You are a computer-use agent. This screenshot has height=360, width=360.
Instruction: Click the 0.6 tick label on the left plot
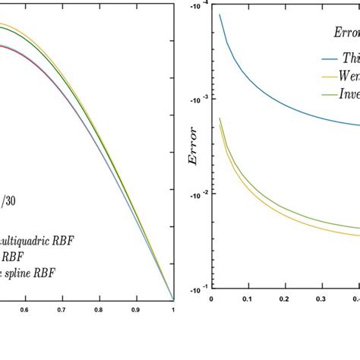[24, 310]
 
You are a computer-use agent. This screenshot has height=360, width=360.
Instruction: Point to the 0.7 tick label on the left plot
[62, 310]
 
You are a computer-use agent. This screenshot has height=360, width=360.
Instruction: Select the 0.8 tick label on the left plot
[99, 310]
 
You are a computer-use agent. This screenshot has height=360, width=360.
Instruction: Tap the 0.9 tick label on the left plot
[136, 310]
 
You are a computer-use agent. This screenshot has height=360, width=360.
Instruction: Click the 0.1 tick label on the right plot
[247, 299]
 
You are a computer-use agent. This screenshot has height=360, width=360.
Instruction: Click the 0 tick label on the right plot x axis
[210, 299]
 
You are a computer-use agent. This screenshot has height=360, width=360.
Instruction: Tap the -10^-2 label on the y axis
[196, 194]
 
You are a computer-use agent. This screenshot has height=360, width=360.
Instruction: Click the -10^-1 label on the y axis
[196, 289]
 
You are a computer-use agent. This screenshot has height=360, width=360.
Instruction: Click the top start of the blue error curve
[219, 14]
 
